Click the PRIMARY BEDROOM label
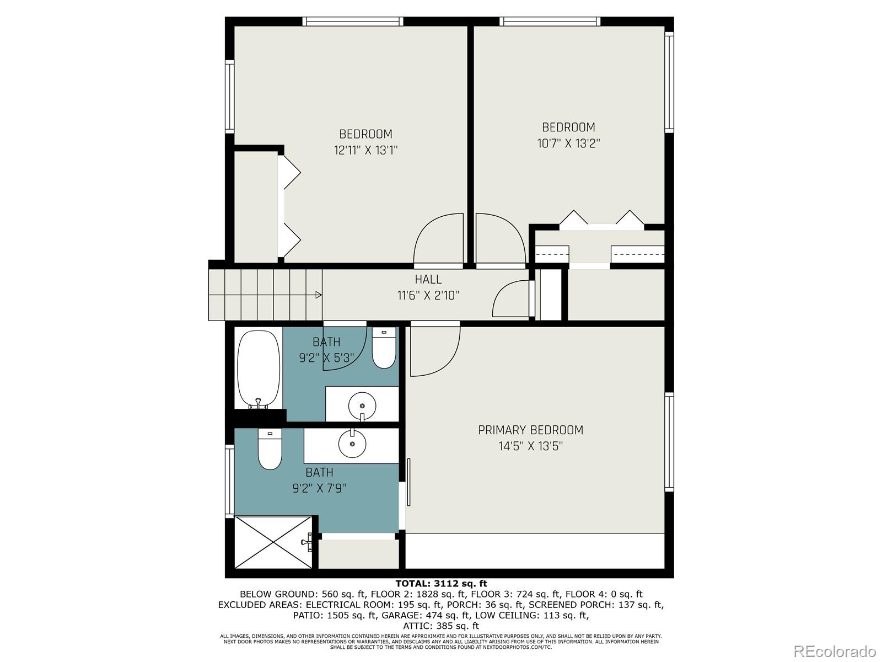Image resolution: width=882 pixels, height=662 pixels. coord(530,430)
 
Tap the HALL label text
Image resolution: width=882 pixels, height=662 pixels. coord(428,279)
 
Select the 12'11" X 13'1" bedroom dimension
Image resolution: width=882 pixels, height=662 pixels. coord(365,150)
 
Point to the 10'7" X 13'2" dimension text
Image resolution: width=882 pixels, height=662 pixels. coord(568,143)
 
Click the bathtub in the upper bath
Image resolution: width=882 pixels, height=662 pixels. coord(259,370)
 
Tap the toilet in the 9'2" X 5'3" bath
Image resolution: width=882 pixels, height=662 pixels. coord(384,348)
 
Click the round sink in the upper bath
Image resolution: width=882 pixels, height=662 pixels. coord(362,406)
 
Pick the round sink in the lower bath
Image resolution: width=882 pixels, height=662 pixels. coord(352,444)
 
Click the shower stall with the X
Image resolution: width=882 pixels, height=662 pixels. coord(273,542)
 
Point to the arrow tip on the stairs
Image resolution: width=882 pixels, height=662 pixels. coord(321,295)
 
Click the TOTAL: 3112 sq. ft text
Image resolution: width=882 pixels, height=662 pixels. coord(441,584)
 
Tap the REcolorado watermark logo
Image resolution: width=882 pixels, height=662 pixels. coord(835,651)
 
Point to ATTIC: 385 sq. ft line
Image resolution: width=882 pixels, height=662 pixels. coord(441,626)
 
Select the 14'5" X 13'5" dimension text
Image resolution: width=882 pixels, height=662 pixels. coord(530,446)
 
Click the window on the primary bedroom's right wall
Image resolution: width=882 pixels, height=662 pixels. coord(669,442)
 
